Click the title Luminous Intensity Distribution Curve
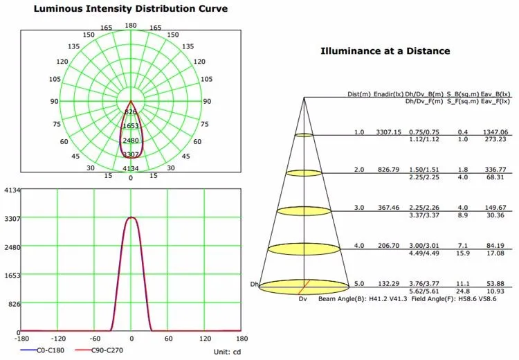[130, 8]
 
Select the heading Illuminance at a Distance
[385, 51]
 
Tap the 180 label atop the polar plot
[131, 26]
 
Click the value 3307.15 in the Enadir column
[388, 132]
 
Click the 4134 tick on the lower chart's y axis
[10, 190]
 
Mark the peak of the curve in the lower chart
[131, 217]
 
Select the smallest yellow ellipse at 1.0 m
[304, 134]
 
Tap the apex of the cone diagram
[304, 98]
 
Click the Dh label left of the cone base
[254, 284]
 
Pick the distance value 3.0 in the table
[358, 207]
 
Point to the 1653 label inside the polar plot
[131, 126]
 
